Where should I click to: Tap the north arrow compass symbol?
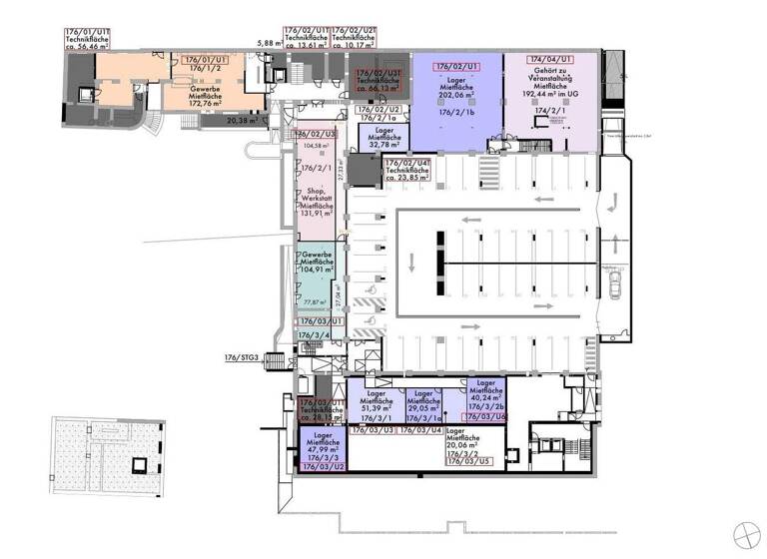[746, 534]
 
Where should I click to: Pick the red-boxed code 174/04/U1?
[552, 61]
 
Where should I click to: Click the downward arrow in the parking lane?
[410, 262]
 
